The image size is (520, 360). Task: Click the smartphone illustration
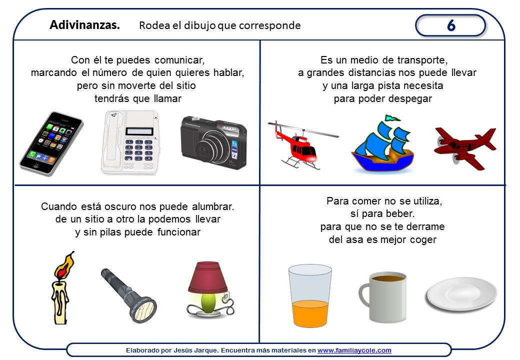pos(51,143)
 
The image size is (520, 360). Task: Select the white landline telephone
pos(130,142)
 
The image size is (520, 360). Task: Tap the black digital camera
pos(213,142)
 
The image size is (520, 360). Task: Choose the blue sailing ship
pos(383,144)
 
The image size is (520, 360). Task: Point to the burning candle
pos(62,287)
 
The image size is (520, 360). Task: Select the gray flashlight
pos(128,295)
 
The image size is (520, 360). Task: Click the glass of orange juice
pos(309,295)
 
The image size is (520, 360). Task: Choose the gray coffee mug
pos(383,297)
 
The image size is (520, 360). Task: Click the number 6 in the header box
pos(451,25)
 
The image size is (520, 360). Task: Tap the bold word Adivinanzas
pos(84,25)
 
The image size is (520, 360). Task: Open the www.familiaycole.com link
pos(354,350)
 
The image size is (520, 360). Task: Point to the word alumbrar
pos(213,206)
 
